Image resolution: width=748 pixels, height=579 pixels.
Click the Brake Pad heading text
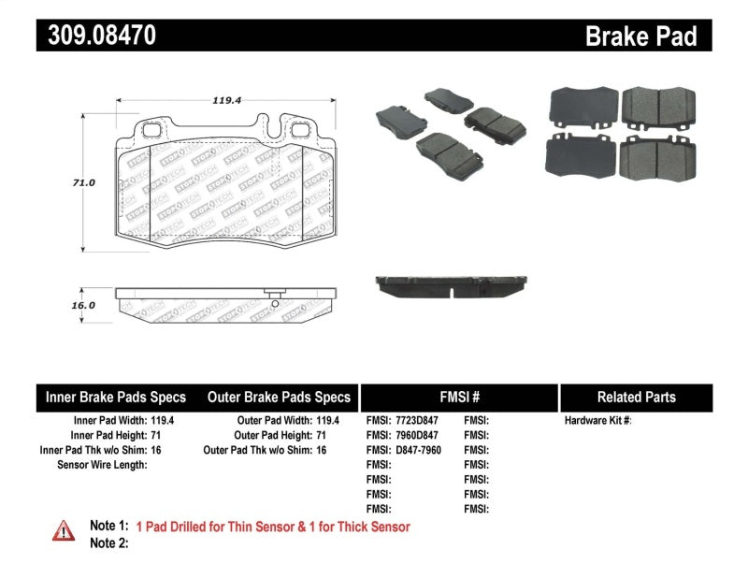[x=640, y=36]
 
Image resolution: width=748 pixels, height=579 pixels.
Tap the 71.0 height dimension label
[x=85, y=183]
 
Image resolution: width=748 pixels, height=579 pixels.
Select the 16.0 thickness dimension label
[x=84, y=306]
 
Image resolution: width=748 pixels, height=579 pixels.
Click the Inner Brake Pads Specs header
[x=116, y=397]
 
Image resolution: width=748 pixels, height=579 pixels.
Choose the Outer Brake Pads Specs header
[x=279, y=397]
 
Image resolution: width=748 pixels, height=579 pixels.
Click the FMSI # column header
[x=458, y=397]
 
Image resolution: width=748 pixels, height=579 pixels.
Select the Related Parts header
[x=636, y=397]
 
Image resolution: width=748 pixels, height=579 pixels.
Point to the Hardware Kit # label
[x=597, y=421]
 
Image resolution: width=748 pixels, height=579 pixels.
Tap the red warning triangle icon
[x=63, y=530]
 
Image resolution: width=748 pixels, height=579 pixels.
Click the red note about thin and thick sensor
[x=273, y=527]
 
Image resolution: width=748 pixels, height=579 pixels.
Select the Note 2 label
[x=108, y=543]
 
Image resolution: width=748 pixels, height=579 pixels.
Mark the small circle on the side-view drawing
[x=274, y=302]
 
